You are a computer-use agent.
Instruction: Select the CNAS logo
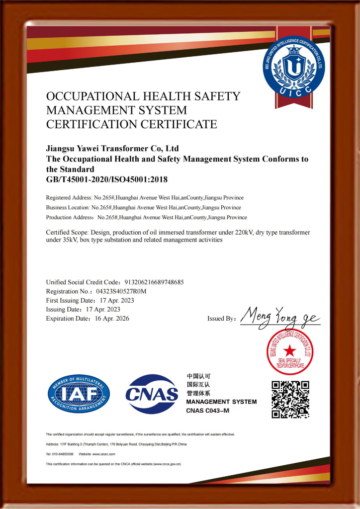tap(152, 394)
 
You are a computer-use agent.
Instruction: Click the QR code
tap(290, 399)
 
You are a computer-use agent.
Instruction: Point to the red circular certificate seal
tap(290, 352)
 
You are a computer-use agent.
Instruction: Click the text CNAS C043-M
tap(208, 411)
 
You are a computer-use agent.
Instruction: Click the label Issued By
tap(221, 319)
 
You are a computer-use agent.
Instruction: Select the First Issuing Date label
tap(70, 300)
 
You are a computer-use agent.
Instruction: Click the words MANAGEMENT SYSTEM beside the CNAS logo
tap(221, 402)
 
